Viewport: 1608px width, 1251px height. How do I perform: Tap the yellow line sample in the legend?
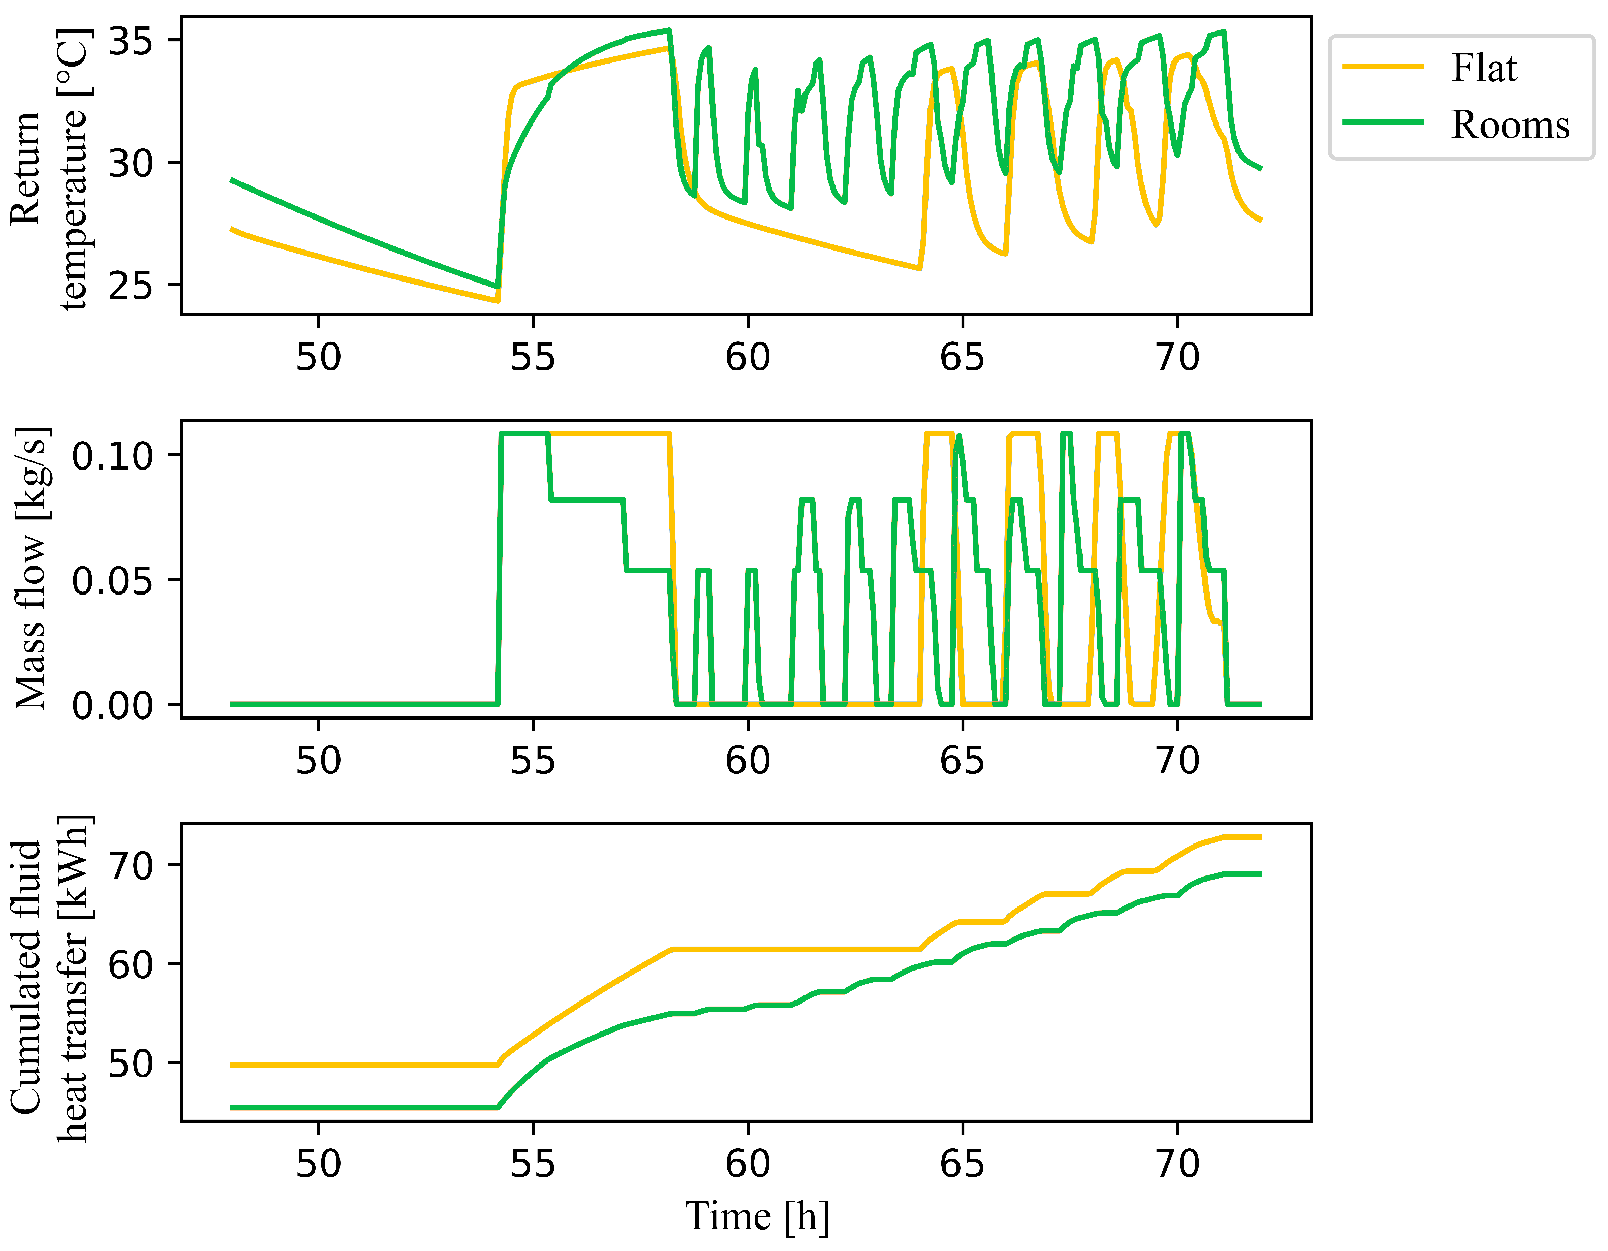(1383, 66)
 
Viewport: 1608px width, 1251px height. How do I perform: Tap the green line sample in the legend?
(1383, 121)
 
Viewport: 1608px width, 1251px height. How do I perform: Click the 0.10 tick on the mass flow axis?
(112, 456)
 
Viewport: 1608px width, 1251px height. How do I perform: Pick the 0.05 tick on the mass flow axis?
(112, 580)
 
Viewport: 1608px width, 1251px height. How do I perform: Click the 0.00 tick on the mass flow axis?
(112, 705)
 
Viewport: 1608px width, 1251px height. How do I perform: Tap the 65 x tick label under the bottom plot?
(962, 1164)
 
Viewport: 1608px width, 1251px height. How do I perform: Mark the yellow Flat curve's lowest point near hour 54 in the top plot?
(497, 300)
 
